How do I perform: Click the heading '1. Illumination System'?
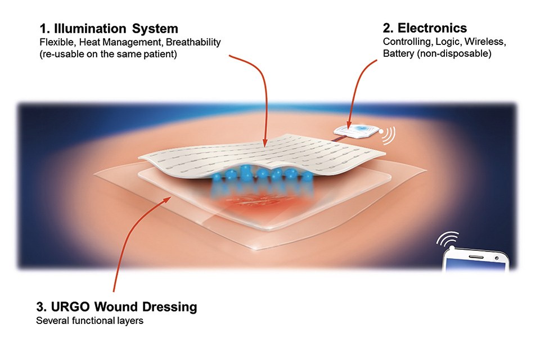[x=109, y=28]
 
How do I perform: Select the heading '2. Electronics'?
[x=425, y=28]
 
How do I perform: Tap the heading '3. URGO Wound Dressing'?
[x=116, y=307]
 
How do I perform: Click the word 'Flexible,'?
[x=54, y=42]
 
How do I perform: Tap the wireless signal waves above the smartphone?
[x=448, y=238]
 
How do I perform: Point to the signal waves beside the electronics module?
[x=388, y=134]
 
